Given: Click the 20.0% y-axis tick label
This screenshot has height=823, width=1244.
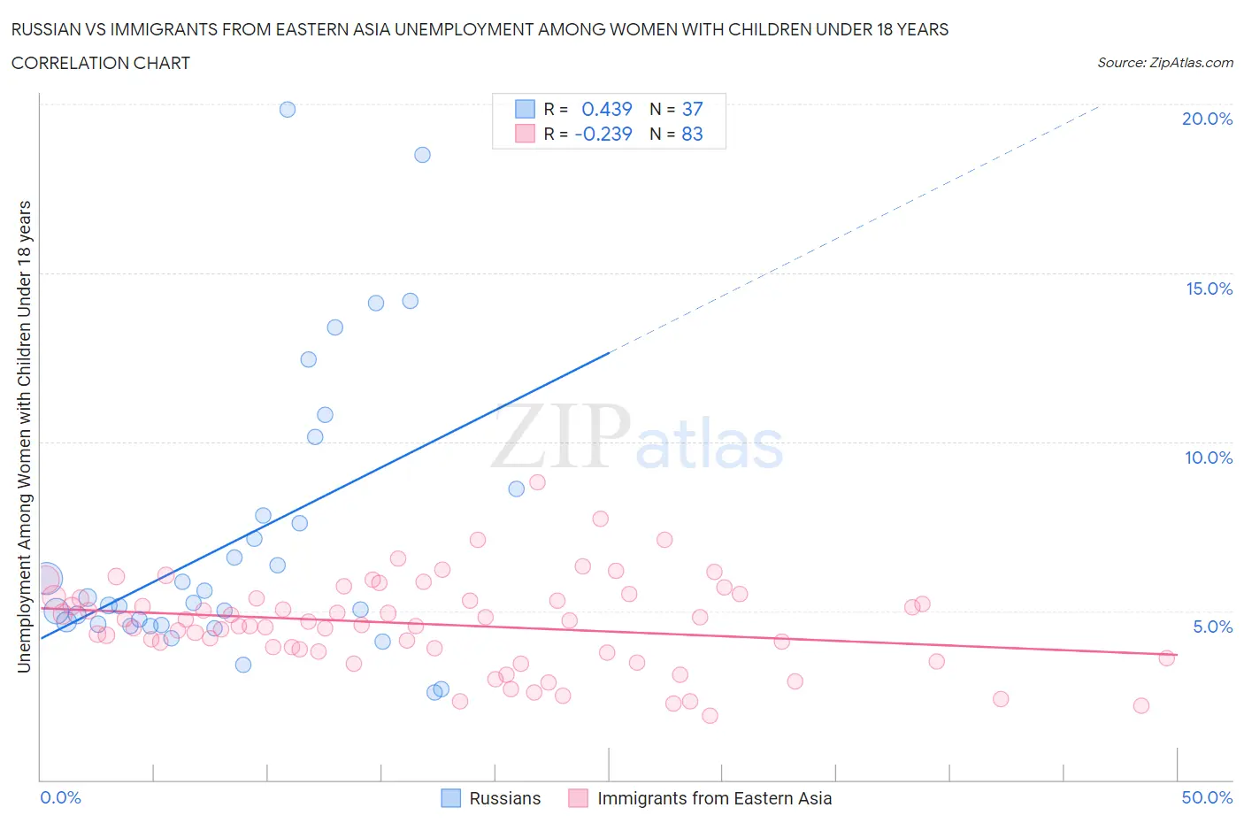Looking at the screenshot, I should pyautogui.click(x=1207, y=119).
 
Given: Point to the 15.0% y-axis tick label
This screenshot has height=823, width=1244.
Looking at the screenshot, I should pyautogui.click(x=1209, y=288).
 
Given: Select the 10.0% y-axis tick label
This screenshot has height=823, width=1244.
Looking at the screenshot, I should pyautogui.click(x=1209, y=458).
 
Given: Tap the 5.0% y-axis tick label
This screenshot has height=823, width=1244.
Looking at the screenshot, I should pyautogui.click(x=1212, y=627).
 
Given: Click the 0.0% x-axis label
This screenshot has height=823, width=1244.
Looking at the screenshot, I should pyautogui.click(x=60, y=797).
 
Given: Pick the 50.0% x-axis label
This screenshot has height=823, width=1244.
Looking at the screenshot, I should pyautogui.click(x=1207, y=797).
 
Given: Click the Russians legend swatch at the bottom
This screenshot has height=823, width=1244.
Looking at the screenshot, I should pyautogui.click(x=450, y=798).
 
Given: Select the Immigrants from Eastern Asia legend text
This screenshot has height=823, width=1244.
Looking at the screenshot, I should pyautogui.click(x=714, y=798).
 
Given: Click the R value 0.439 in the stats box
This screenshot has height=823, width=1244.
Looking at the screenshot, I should pyautogui.click(x=606, y=109).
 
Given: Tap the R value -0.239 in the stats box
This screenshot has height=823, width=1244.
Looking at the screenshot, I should pyautogui.click(x=603, y=134).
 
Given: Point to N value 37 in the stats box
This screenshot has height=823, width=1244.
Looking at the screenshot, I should pyautogui.click(x=692, y=109).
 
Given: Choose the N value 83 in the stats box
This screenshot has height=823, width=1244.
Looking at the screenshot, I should pyautogui.click(x=692, y=134).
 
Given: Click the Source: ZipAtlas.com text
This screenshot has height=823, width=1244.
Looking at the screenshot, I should pyautogui.click(x=1164, y=63).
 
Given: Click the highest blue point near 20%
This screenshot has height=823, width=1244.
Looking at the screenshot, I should pyautogui.click(x=288, y=110).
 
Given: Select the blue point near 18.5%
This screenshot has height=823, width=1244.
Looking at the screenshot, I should pyautogui.click(x=422, y=155).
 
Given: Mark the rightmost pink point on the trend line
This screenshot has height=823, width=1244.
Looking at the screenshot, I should pyautogui.click(x=1166, y=658).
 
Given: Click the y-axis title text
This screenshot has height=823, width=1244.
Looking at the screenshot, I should pyautogui.click(x=24, y=436).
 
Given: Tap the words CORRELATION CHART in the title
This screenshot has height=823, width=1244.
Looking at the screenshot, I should pyautogui.click(x=101, y=63).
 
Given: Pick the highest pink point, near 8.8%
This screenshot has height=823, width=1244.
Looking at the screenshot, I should pyautogui.click(x=537, y=482).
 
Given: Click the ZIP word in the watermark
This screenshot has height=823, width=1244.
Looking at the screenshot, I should pyautogui.click(x=560, y=436).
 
